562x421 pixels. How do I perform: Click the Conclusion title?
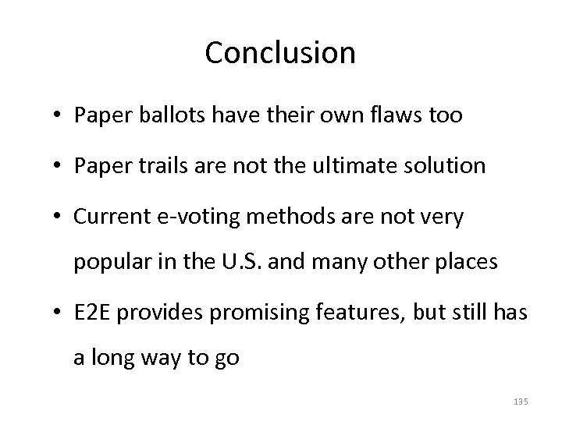click(280, 53)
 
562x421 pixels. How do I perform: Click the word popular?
click(105, 263)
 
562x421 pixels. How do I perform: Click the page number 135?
click(521, 401)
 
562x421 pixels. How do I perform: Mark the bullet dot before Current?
click(59, 218)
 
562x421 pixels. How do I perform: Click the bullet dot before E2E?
click(59, 313)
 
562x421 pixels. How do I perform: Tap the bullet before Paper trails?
click(59, 167)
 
